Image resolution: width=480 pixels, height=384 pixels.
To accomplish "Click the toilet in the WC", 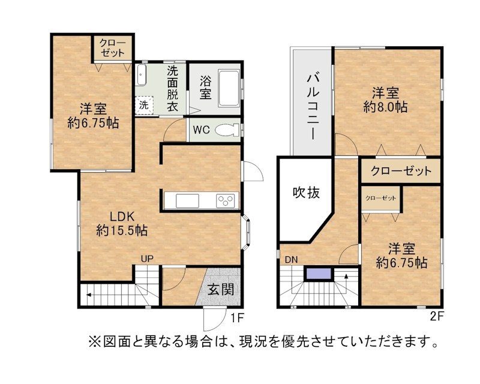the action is point(227,130).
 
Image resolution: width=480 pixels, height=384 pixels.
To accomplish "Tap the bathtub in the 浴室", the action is point(229,88).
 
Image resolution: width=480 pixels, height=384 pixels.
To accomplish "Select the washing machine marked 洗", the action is point(144,105).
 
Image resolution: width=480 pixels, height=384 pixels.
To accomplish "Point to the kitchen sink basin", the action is point(187,201).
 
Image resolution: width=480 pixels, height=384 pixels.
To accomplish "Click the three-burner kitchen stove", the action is point(226,201).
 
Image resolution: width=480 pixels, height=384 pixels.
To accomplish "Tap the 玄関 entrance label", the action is point(221,289).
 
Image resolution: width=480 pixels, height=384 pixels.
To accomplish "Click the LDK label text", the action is point(122,217).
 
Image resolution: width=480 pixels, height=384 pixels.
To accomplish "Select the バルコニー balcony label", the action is point(313,106).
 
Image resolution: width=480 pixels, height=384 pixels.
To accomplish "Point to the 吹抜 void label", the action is point(306,193).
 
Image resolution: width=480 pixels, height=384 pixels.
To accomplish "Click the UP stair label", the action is point(147,259).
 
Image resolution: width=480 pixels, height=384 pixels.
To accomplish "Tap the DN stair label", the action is point(291,260).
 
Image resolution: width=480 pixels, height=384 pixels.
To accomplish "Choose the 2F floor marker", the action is point(437,316).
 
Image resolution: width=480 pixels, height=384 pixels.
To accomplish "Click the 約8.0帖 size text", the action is point(385,107).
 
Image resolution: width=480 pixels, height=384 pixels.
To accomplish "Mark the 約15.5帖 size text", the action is point(122,230).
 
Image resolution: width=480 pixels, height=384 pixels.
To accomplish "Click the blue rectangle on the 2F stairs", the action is point(319,274).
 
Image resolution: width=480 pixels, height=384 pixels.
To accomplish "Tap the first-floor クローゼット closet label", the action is point(113,48).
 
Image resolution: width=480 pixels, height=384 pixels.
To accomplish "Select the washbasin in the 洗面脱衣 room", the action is point(142,75).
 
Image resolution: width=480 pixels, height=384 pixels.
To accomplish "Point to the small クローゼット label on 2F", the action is point(381,198).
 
